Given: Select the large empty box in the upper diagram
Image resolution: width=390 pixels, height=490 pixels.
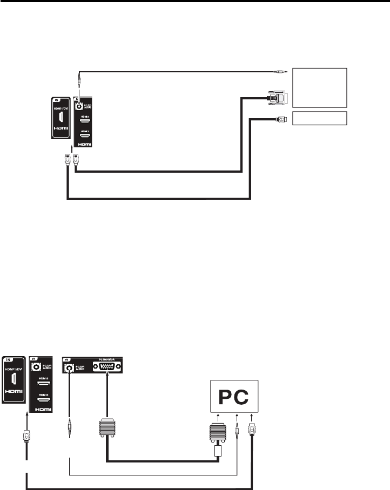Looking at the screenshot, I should (319, 87).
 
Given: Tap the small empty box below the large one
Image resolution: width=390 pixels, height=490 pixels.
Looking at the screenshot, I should (319, 119).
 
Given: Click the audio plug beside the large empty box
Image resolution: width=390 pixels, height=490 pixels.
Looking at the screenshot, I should (281, 71).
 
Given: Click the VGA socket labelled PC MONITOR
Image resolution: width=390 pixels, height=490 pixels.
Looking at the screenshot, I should (107, 368).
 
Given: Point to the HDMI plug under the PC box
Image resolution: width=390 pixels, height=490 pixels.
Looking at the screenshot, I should (252, 430).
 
